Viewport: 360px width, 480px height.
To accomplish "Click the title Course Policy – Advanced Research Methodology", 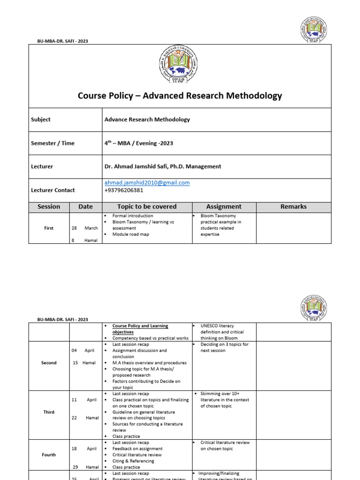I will (180, 96).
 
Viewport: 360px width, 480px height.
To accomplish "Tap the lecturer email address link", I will (147, 183).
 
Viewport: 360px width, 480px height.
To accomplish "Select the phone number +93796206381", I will (124, 190).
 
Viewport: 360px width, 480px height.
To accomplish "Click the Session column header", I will (49, 207).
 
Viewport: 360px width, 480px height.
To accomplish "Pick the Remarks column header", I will (293, 207).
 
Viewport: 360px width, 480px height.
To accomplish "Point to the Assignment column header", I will (224, 207).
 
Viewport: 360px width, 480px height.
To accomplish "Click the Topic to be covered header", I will (147, 207).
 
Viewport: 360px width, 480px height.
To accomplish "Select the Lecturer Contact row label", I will (53, 190).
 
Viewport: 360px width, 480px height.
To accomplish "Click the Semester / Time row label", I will (52, 143).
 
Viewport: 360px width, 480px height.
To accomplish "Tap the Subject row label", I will (41, 120).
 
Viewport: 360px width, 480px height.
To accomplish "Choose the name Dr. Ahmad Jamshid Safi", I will (143, 166).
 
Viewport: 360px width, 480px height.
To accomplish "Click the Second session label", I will (49, 363).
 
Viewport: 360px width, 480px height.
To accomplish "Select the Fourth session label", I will (49, 455).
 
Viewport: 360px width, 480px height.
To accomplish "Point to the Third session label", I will (49, 412).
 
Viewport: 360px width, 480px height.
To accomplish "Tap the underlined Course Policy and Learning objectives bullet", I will (140, 329).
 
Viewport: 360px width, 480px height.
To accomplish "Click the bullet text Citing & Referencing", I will (133, 461).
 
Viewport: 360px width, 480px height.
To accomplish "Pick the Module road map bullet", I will (130, 234).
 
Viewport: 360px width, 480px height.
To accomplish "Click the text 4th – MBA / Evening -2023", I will (138, 143).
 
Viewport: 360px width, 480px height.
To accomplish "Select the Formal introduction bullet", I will (133, 216).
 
